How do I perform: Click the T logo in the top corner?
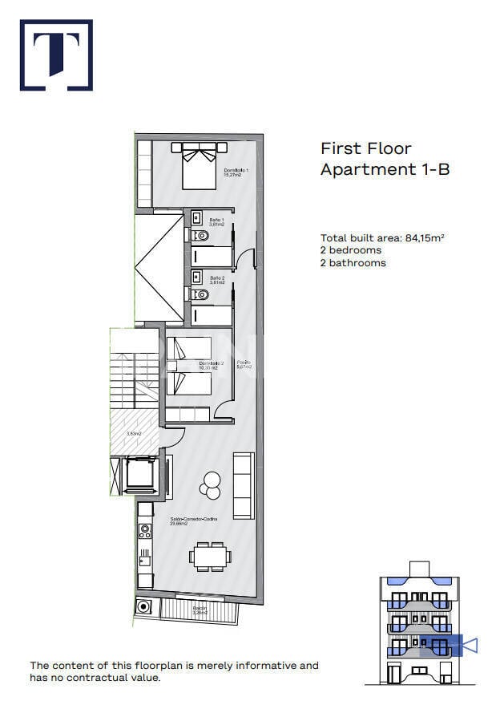[56, 55]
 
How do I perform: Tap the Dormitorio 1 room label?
[236, 172]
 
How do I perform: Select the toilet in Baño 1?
[200, 236]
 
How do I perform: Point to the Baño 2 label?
[216, 280]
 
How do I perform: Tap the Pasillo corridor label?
[244, 364]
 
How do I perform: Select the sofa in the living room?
[243, 484]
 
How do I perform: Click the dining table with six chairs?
[210, 555]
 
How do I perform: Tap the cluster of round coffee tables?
[211, 484]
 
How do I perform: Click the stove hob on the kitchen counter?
[145, 529]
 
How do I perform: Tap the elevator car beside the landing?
[141, 475]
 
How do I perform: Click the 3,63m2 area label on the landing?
[134, 434]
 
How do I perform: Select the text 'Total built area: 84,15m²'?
[382, 237]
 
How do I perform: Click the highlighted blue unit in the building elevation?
[441, 644]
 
